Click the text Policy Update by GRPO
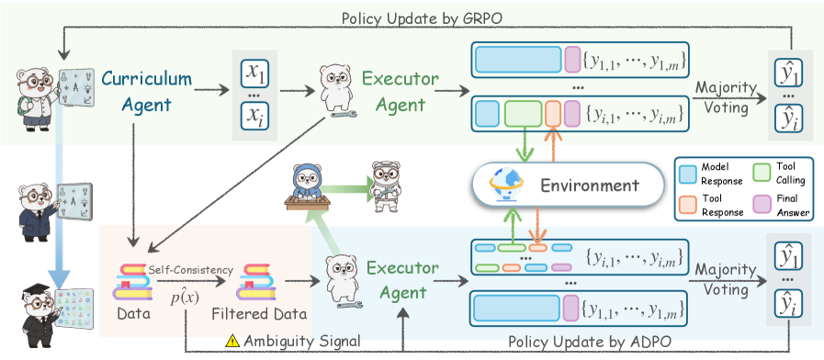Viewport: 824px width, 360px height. coord(422,17)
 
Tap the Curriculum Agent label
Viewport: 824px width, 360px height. coord(147,92)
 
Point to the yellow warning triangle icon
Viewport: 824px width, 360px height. coord(232,340)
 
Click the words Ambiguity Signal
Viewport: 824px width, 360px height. coord(301,341)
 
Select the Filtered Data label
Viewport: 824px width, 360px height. coord(259,314)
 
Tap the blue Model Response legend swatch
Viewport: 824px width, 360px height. coord(688,173)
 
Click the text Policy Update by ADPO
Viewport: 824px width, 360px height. coord(590,342)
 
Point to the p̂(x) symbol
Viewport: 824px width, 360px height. coord(185,298)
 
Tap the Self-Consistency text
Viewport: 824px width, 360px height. coord(190,270)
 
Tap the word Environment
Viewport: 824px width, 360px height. coord(590,186)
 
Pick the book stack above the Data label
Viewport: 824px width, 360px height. coord(133,282)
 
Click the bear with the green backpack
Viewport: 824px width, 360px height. coord(36,100)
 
